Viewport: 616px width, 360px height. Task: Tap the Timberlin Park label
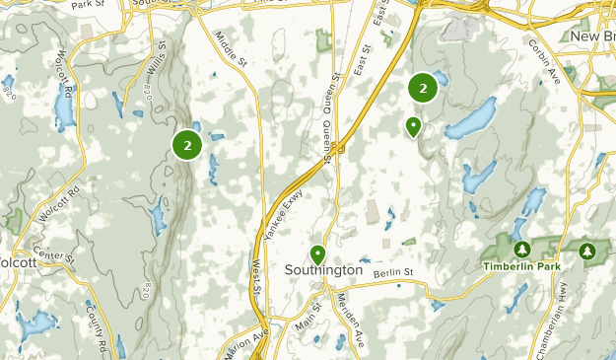coord(520,266)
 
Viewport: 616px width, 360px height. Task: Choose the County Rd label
coord(95,327)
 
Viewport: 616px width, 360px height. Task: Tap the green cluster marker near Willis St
coord(186,145)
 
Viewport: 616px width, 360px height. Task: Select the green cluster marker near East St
coord(423,88)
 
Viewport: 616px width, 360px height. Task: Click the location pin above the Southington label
coord(317,253)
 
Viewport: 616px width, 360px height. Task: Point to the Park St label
coord(88,4)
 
